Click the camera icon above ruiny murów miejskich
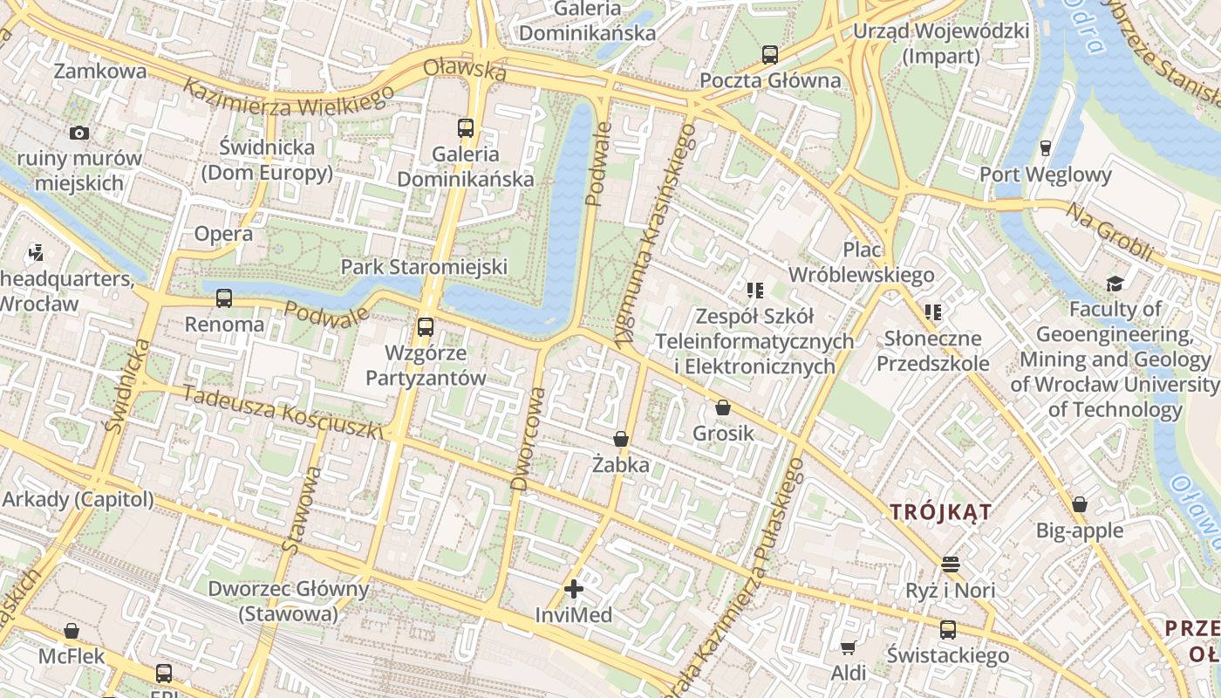pyautogui.click(x=79, y=133)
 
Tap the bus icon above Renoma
pyautogui.click(x=224, y=298)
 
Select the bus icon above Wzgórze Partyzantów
pyautogui.click(x=425, y=327)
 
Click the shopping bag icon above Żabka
pyautogui.click(x=621, y=439)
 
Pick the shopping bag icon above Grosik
pyautogui.click(x=722, y=407)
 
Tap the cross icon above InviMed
pyautogui.click(x=574, y=589)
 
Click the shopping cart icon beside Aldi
pyautogui.click(x=848, y=647)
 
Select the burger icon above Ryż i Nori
pyautogui.click(x=950, y=565)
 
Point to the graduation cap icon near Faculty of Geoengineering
pyautogui.click(x=1115, y=284)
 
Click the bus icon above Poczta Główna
pyautogui.click(x=769, y=55)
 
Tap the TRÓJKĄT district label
pyautogui.click(x=941, y=512)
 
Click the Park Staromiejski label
pyautogui.click(x=424, y=267)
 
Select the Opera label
pyautogui.click(x=223, y=234)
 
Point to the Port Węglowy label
pyautogui.click(x=1045, y=174)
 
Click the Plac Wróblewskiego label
pyautogui.click(x=862, y=263)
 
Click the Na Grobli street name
pyautogui.click(x=1110, y=232)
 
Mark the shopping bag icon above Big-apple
pyautogui.click(x=1080, y=504)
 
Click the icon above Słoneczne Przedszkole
pyautogui.click(x=933, y=311)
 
